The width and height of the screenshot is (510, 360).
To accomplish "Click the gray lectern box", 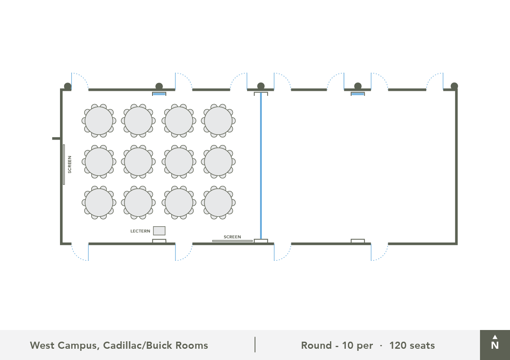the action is [159, 231].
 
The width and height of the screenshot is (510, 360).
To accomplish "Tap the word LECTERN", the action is [140, 231].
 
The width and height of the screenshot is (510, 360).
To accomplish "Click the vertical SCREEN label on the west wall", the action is [70, 165].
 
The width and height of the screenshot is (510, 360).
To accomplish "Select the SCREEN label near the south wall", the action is [232, 237].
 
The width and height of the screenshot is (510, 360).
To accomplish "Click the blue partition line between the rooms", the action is [261, 166].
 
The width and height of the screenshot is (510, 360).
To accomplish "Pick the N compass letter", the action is [495, 345].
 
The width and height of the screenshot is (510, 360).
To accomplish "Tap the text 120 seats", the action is [412, 345].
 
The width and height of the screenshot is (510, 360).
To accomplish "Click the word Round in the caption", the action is [316, 345].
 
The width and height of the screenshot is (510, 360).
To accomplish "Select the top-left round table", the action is [99, 121].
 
